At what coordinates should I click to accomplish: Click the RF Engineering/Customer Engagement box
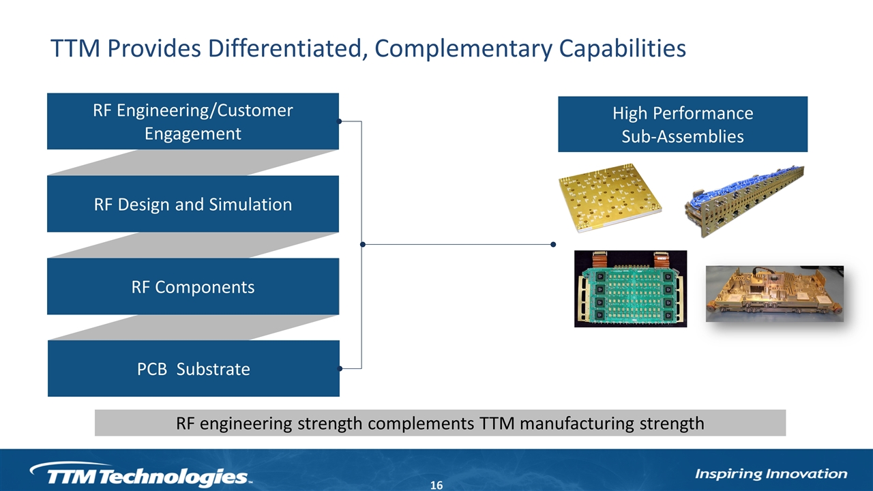point(193,121)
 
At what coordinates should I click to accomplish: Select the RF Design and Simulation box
point(193,204)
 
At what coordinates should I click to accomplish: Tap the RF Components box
point(193,286)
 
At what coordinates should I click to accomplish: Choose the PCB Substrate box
point(194,369)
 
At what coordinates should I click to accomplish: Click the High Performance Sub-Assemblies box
point(683,124)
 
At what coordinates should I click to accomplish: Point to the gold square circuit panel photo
point(610,198)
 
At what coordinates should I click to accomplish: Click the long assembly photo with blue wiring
point(744,201)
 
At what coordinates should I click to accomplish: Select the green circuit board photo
point(631,288)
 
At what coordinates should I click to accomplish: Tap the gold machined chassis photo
point(775,294)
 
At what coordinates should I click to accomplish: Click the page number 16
point(436,485)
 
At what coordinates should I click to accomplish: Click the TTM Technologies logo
point(141,474)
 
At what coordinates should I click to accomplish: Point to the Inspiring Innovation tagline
point(771,474)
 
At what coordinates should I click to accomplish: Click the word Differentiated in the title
point(288,48)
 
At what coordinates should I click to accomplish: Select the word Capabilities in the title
point(623,48)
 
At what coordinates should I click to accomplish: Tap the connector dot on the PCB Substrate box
point(340,369)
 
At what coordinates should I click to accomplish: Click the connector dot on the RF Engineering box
point(339,121)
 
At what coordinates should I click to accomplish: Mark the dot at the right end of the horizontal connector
point(553,244)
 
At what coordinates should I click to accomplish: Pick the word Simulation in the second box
point(250,204)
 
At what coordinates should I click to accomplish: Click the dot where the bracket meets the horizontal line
point(363,244)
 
